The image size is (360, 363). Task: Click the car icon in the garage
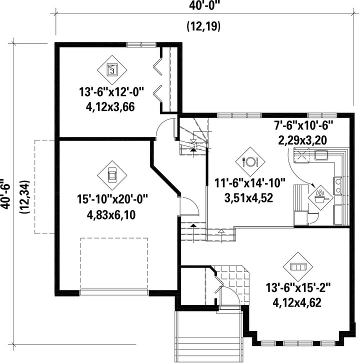(112, 175)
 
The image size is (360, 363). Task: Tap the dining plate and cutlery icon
(250, 161)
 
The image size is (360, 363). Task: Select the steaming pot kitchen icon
(320, 197)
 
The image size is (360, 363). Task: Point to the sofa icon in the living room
(298, 266)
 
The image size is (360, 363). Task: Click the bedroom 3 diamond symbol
(112, 70)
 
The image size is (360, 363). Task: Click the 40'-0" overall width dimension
(203, 5)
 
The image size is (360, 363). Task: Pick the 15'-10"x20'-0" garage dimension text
(112, 199)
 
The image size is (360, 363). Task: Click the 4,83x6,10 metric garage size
(111, 215)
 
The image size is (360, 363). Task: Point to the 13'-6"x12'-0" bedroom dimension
(111, 91)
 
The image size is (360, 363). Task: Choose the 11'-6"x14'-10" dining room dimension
(249, 183)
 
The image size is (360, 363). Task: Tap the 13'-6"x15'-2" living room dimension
(298, 288)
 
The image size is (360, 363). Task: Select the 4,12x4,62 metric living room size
(297, 302)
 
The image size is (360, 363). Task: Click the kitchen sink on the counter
(321, 154)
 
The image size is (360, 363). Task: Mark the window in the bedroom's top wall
(141, 44)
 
